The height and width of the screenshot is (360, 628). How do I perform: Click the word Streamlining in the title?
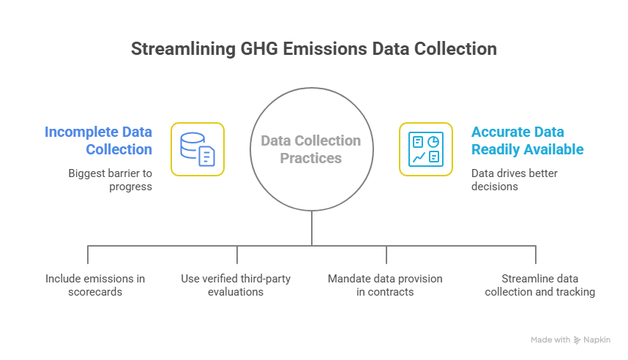[x=173, y=49]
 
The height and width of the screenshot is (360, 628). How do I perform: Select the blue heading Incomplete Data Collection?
[x=99, y=140]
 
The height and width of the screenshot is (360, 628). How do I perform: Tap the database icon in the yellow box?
[x=198, y=149]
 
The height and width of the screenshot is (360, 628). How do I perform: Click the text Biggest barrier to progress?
[x=110, y=180]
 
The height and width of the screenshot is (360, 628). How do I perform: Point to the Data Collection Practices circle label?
[x=311, y=149]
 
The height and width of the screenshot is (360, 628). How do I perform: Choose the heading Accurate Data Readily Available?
[x=527, y=140]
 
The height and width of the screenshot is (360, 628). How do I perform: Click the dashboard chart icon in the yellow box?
[x=425, y=149]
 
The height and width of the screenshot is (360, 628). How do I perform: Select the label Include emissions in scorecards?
[x=95, y=285]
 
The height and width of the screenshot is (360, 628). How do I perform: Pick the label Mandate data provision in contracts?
[x=385, y=285]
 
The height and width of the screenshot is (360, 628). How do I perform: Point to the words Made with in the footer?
[x=550, y=340]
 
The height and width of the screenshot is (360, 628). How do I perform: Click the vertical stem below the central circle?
[x=312, y=228]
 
